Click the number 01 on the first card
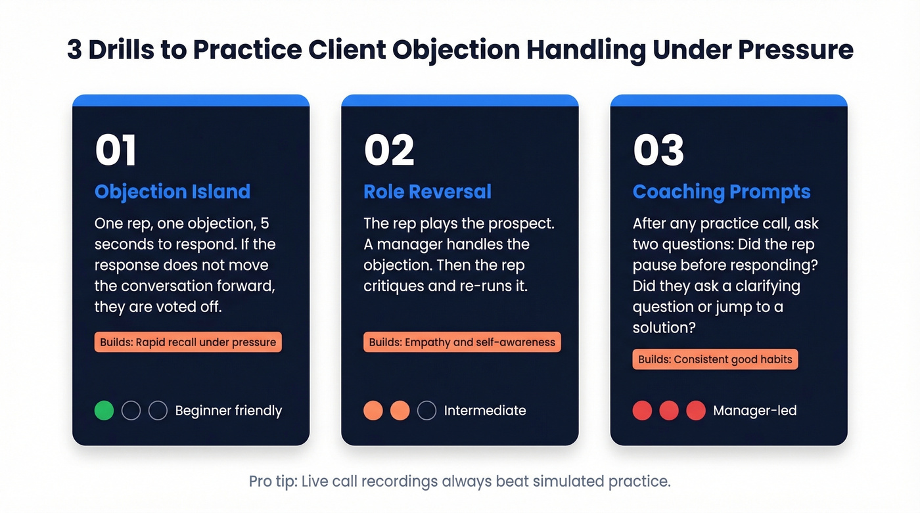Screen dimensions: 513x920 116,150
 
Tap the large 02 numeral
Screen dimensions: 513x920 389,150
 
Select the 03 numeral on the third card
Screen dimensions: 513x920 658,150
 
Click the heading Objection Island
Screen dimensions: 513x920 172,192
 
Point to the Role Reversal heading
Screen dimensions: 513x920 427,192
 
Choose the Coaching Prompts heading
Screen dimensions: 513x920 722,192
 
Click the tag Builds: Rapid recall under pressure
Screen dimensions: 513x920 188,342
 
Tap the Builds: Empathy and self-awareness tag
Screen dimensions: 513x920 462,342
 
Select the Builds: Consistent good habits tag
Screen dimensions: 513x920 715,359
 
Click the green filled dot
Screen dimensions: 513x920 104,411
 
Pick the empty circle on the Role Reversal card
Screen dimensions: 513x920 426,411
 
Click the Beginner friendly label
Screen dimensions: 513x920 228,411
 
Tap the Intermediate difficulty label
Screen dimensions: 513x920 485,411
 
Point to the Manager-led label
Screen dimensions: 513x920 754,411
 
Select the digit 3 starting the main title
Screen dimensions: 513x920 74,50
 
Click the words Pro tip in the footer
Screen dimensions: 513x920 271,481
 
